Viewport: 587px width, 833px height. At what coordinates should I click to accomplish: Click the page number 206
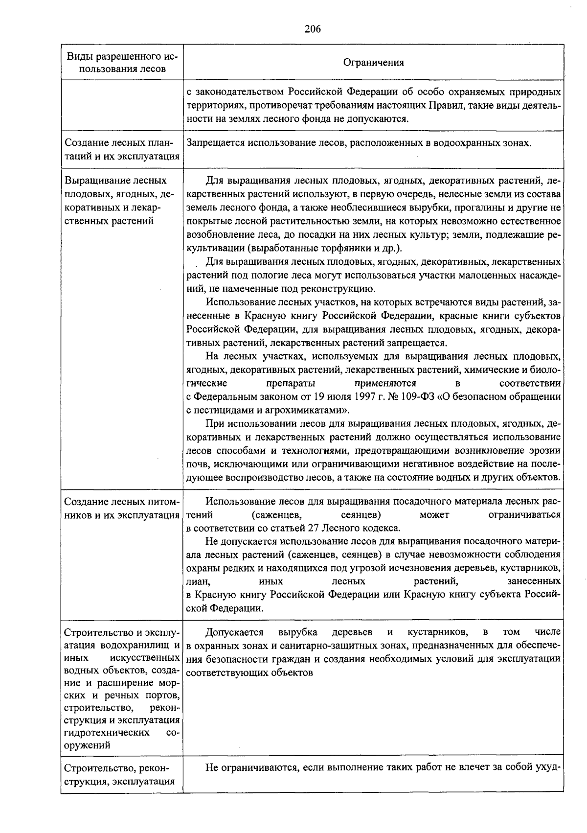[312, 29]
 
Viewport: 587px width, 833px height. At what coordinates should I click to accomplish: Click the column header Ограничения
[373, 62]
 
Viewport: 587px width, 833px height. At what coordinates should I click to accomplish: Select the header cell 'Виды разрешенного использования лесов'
[122, 62]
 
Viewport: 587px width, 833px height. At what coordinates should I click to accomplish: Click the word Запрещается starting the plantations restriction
[215, 143]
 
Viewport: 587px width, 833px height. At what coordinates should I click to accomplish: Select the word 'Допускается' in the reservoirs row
[234, 632]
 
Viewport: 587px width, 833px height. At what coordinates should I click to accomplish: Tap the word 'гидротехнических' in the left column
[106, 733]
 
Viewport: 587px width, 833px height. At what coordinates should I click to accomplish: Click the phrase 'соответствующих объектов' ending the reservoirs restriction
[249, 672]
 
